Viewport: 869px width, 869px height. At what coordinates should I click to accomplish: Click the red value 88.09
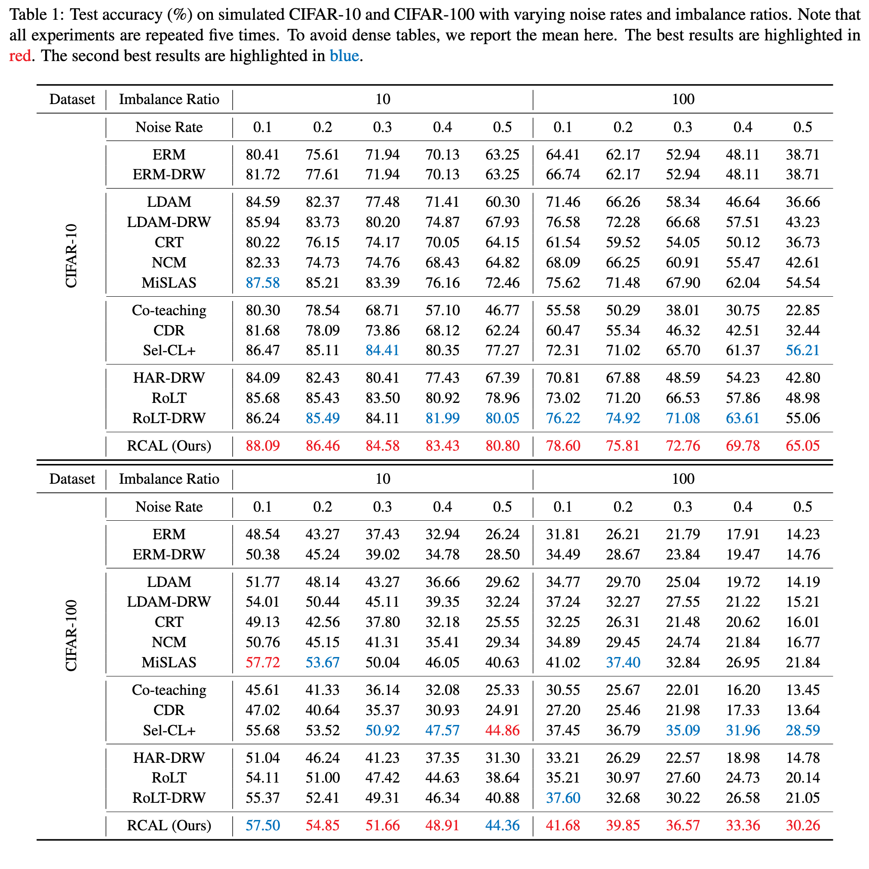point(263,446)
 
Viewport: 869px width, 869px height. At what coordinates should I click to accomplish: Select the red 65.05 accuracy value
point(803,446)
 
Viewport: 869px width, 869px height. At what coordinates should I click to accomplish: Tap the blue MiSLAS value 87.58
point(263,283)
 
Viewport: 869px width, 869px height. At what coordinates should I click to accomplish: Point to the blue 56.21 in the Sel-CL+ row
point(803,350)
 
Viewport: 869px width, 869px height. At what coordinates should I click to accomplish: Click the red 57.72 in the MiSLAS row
point(263,663)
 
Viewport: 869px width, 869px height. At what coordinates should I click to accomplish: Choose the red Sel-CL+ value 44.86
point(502,730)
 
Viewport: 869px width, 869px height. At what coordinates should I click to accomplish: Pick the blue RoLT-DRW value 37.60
point(563,798)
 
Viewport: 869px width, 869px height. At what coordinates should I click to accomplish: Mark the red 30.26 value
point(803,826)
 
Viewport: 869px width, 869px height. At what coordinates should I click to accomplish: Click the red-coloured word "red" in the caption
point(20,56)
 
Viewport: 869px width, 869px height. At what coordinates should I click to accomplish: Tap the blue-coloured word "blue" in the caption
point(344,56)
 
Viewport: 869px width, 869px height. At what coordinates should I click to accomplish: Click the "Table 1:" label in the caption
point(37,15)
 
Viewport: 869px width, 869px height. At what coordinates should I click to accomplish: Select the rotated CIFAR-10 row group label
point(71,256)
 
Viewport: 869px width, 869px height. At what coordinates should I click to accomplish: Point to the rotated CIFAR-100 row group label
point(71,636)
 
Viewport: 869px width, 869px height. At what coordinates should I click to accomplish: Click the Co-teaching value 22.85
point(803,310)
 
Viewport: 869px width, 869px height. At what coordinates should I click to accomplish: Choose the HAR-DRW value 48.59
point(683,378)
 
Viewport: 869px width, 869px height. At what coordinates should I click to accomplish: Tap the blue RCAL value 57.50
point(263,826)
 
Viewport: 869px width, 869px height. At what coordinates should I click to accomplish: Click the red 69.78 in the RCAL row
point(743,446)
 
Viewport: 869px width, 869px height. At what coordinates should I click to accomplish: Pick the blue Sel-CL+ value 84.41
point(382,350)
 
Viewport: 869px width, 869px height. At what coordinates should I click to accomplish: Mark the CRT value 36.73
point(803,243)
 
